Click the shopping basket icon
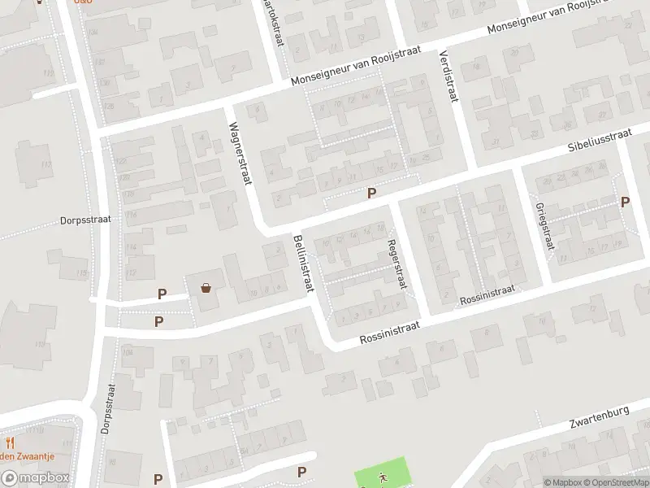pyautogui.click(x=206, y=286)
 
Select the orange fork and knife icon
pyautogui.click(x=11, y=443)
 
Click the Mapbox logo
pyautogui.click(x=35, y=478)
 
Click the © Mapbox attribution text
pyautogui.click(x=563, y=482)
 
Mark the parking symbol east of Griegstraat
pyautogui.click(x=625, y=202)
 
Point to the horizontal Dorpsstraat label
pyautogui.click(x=84, y=219)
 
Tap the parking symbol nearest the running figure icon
pyautogui.click(x=302, y=472)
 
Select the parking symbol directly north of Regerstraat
pyautogui.click(x=372, y=193)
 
